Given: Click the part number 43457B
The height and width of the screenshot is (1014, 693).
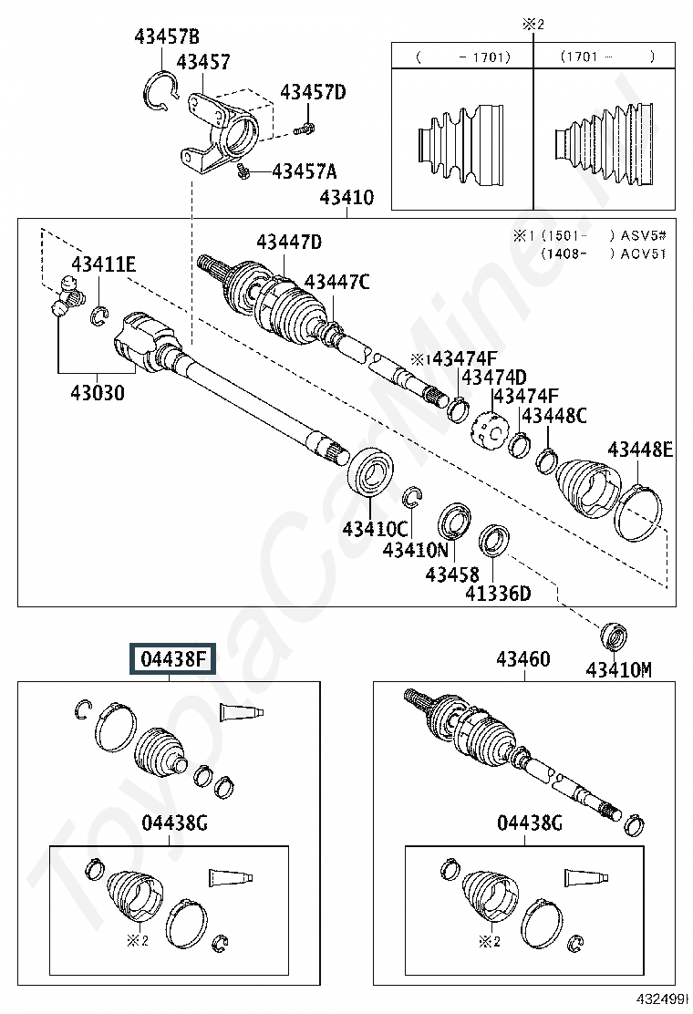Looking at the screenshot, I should tap(166, 37).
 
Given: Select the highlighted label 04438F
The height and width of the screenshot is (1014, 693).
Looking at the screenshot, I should tap(173, 658).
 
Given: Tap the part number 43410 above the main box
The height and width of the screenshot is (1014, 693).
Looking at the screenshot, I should tap(346, 197).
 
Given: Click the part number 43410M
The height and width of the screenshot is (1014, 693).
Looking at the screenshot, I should tap(619, 670).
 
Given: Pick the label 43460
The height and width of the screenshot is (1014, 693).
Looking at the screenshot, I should tap(522, 658).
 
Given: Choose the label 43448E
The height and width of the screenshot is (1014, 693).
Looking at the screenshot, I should tap(640, 449).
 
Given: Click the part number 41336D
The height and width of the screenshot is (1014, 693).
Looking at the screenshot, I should tap(498, 594).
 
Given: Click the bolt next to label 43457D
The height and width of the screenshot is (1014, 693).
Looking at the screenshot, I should tap(306, 128).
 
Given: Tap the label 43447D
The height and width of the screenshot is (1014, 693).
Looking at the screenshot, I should tap(289, 243).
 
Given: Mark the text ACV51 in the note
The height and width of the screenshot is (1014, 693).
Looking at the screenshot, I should tap(643, 253).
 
